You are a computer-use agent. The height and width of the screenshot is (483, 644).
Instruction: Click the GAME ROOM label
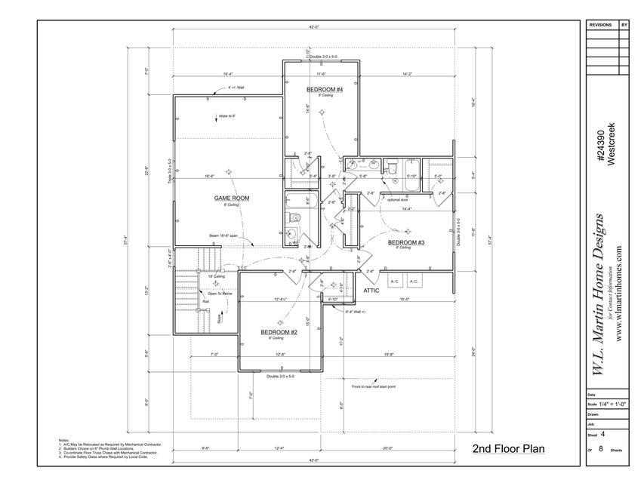(x=231, y=198)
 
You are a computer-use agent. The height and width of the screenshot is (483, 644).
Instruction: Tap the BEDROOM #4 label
(x=325, y=90)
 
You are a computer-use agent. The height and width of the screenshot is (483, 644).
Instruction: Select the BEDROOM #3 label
(x=407, y=242)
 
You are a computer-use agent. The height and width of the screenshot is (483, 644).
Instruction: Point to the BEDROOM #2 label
(x=279, y=332)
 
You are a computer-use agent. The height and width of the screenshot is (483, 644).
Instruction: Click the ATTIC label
(x=371, y=289)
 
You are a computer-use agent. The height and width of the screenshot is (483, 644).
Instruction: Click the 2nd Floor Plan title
(x=508, y=448)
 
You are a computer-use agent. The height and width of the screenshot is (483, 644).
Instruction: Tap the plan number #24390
(x=597, y=147)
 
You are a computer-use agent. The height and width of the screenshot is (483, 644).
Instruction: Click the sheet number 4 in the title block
(x=603, y=434)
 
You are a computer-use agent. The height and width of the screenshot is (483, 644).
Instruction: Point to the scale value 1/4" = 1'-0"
(x=612, y=404)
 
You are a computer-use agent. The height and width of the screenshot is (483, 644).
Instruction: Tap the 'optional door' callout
(x=397, y=201)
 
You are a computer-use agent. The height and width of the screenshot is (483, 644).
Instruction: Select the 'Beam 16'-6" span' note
(x=224, y=236)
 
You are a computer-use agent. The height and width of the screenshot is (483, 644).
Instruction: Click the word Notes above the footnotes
(x=64, y=438)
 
